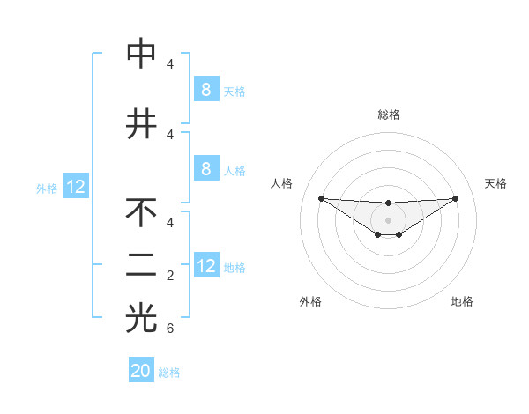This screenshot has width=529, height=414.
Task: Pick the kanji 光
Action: click(141, 318)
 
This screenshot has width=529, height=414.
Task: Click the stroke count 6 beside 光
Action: click(170, 329)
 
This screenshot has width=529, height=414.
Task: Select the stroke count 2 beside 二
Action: click(170, 276)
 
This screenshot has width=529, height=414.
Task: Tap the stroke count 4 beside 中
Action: click(170, 64)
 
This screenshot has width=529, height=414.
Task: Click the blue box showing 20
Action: click(141, 371)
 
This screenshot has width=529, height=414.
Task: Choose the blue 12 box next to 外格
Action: click(76, 187)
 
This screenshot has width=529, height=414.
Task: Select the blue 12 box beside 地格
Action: click(206, 266)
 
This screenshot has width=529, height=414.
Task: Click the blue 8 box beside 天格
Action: click(206, 89)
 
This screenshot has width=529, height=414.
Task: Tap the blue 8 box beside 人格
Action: click(206, 169)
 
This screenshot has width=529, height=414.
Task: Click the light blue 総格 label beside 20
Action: click(169, 373)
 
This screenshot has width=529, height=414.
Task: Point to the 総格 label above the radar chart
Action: click(389, 115)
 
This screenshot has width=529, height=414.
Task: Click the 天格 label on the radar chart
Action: click(496, 183)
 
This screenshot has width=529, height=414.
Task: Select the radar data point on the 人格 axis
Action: click(321, 198)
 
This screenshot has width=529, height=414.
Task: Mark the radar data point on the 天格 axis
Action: click(456, 198)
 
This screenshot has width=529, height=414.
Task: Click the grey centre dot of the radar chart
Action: click(389, 220)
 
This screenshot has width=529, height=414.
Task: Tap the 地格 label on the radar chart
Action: click(462, 302)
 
